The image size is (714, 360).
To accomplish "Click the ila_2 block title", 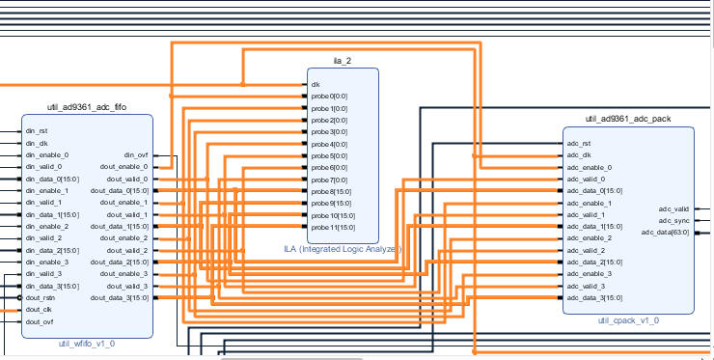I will click(343, 61).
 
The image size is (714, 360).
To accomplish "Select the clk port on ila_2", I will click(316, 84).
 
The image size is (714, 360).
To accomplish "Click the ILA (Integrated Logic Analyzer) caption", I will click(343, 249).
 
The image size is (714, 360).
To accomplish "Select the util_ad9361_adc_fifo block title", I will click(87, 107).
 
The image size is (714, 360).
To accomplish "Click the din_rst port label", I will click(37, 131).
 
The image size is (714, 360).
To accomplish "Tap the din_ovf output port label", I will click(136, 155).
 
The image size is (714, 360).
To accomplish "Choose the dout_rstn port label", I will click(41, 298).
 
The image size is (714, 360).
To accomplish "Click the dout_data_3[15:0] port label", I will click(120, 298).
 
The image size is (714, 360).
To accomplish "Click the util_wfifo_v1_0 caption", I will click(87, 343).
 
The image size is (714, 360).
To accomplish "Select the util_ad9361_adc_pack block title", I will click(627, 119).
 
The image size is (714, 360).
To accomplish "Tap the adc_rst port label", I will click(578, 144).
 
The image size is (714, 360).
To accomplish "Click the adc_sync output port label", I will click(673, 220).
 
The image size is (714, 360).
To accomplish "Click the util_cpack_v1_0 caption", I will click(628, 319).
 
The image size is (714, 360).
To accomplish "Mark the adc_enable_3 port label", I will click(590, 274).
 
